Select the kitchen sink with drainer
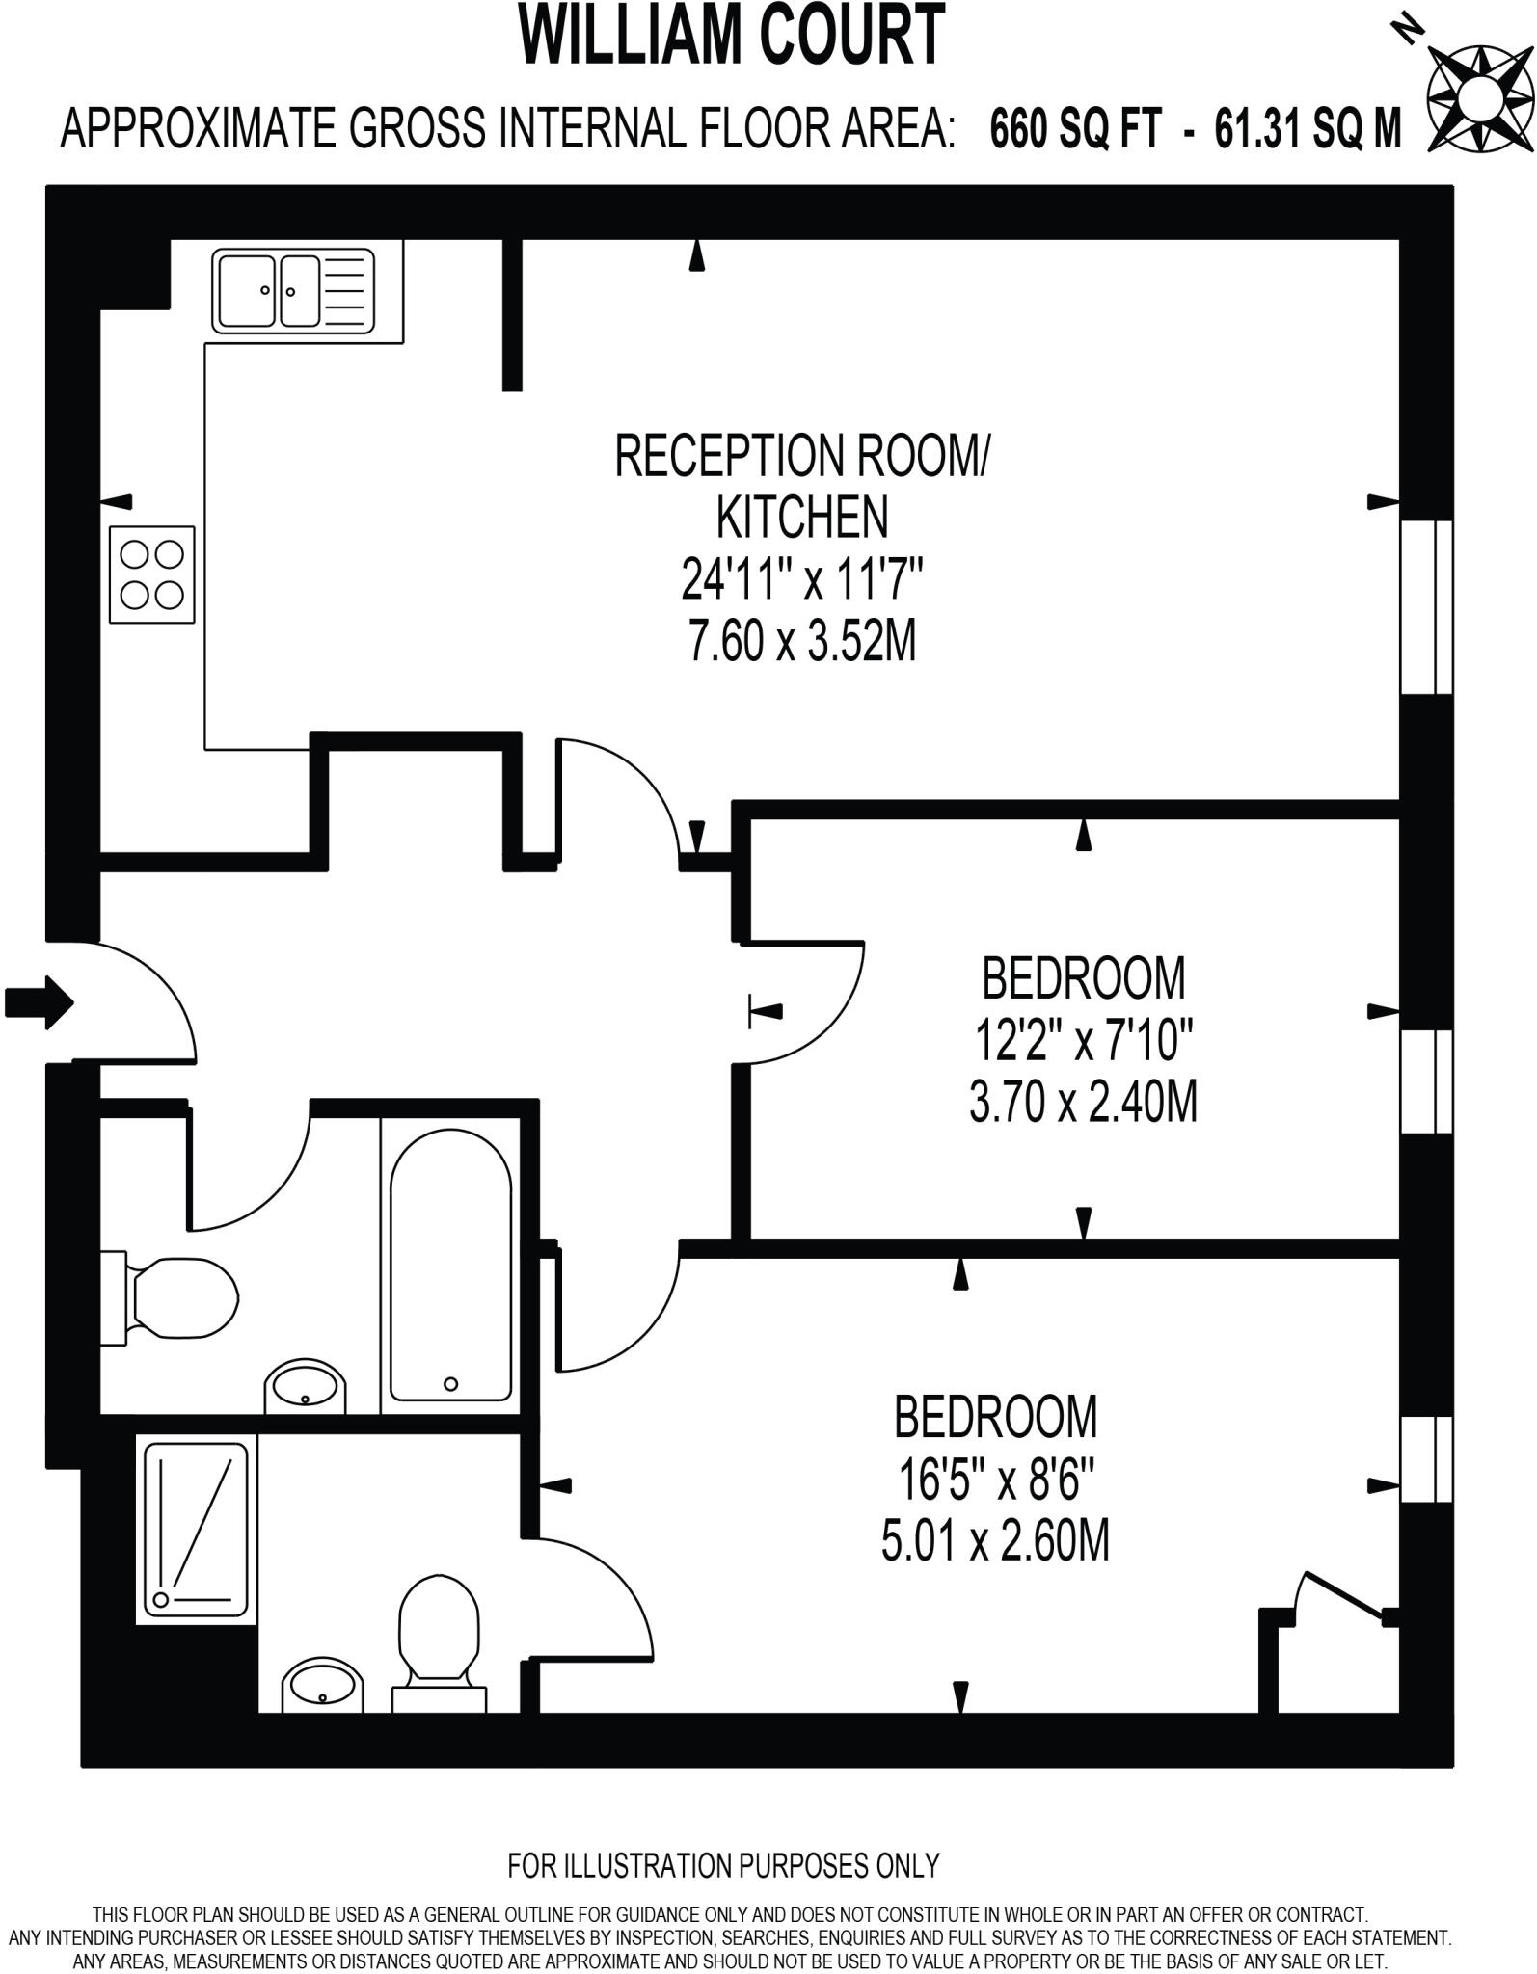coord(293,291)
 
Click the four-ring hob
coord(152,574)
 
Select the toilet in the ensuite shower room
coord(440,1643)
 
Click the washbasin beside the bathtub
coord(305,1386)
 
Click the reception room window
coord(1426,607)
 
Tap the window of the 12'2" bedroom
coord(1426,1080)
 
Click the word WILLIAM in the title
coord(628,36)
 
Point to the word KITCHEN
coord(801,517)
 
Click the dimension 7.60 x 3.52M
coord(801,641)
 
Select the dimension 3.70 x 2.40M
coord(1083,1102)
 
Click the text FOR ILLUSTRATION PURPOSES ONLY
coord(723,1865)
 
